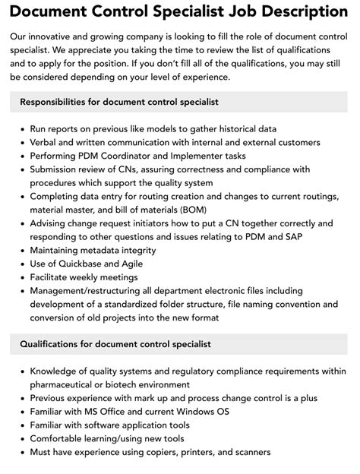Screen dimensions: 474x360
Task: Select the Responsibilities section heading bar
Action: point(180,102)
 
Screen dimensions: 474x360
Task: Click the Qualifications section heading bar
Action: point(180,344)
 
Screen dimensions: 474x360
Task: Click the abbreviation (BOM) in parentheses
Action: point(189,209)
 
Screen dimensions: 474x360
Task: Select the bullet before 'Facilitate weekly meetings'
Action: point(21,277)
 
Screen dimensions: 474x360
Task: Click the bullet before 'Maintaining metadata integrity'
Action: point(21,250)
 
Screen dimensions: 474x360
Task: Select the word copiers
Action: point(164,453)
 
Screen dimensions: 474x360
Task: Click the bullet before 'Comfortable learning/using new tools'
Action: point(21,439)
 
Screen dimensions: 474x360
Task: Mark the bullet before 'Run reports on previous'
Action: point(21,128)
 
